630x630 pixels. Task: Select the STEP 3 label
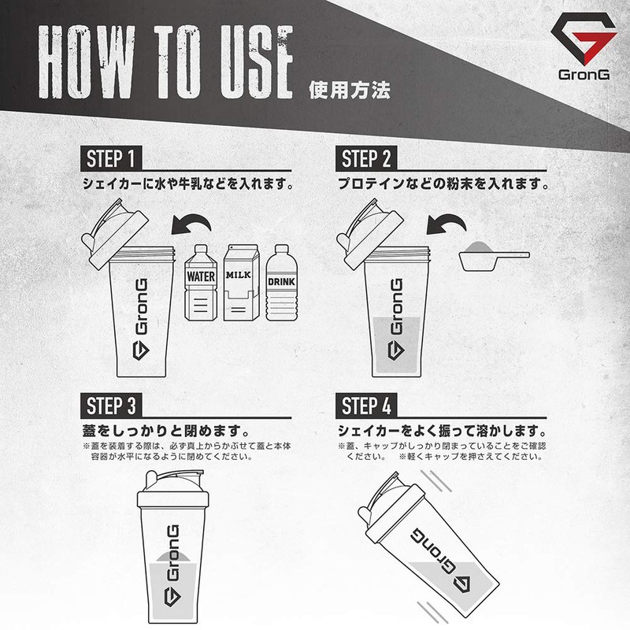tap(113, 406)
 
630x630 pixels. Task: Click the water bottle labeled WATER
tap(201, 283)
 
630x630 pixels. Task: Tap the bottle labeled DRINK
tap(281, 283)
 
